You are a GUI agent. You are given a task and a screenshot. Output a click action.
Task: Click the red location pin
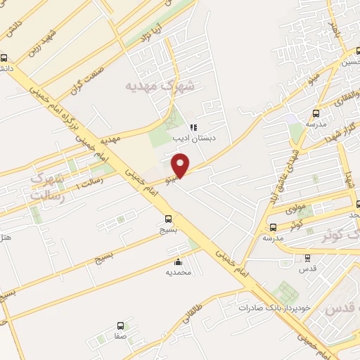[181, 166]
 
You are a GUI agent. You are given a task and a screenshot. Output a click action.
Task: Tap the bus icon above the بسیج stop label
[168, 219]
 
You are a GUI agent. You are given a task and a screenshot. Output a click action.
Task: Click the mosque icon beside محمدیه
[177, 262]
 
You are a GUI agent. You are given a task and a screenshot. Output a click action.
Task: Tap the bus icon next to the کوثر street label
[273, 227]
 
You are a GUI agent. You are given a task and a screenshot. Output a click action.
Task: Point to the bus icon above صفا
[120, 326]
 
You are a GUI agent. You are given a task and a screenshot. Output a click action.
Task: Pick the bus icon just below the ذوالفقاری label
[316, 112]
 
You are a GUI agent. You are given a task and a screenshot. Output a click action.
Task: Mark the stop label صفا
[120, 337]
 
